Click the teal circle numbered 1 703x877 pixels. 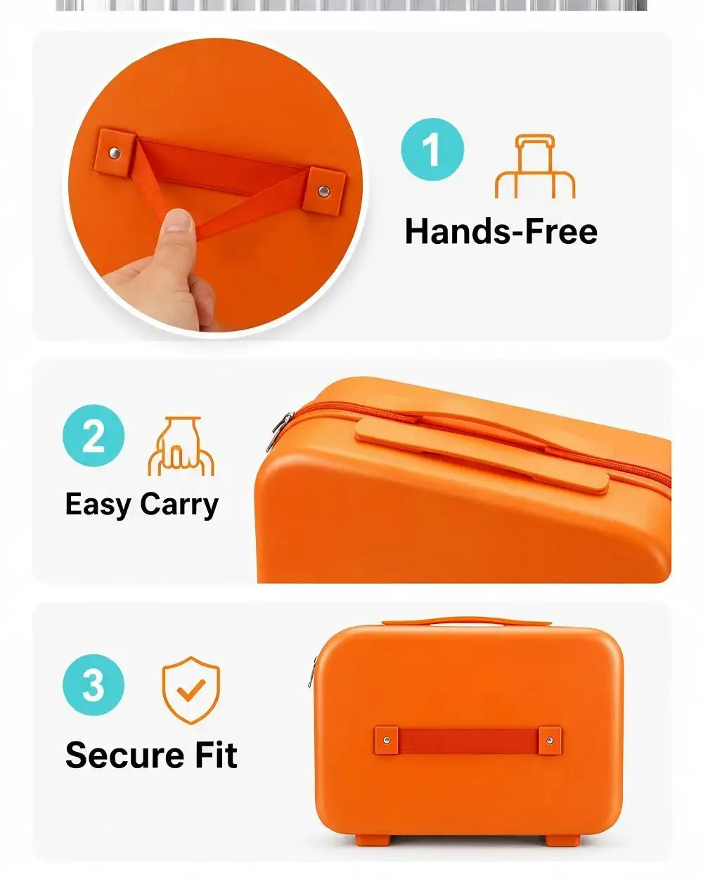432,149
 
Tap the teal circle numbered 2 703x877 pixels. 93,435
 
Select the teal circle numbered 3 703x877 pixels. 93,685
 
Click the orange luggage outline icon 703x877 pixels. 535,167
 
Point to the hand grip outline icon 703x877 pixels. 181,446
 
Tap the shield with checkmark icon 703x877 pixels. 191,690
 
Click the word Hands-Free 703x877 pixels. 501,231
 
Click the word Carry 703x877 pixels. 179,506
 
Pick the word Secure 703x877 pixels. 123,755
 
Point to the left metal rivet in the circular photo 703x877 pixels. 115,152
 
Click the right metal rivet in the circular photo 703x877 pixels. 324,190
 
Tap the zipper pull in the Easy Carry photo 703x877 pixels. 279,431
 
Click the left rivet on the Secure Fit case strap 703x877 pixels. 387,740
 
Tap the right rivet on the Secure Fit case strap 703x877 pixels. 549,740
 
